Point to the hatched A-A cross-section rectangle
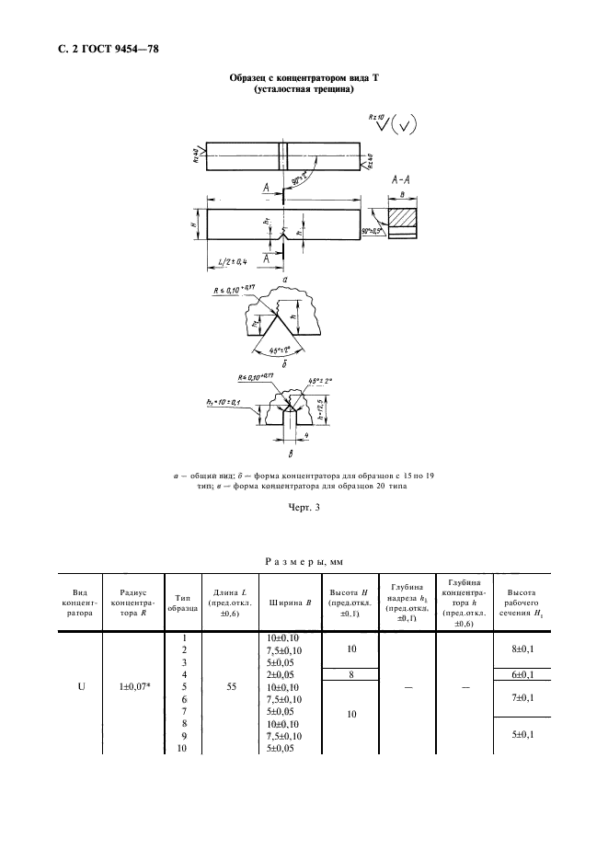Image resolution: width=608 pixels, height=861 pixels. [401, 218]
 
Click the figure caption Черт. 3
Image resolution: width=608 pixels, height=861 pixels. [304, 504]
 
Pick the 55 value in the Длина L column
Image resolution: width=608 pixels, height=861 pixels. [230, 687]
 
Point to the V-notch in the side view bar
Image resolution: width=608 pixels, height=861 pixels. [281, 236]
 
